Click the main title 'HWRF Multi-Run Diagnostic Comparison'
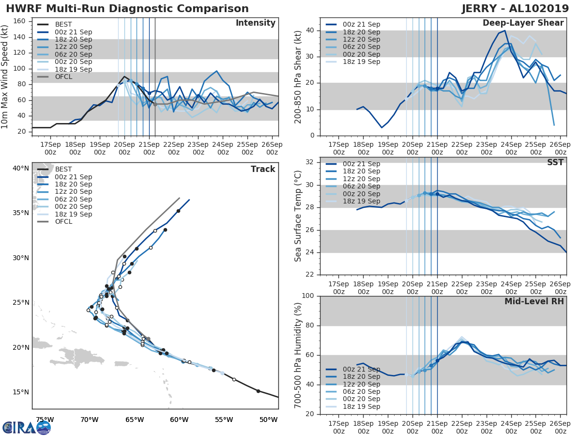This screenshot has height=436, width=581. pyautogui.click(x=127, y=9)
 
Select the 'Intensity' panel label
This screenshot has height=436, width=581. pyautogui.click(x=255, y=23)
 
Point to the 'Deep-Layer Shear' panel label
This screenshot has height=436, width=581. pyautogui.click(x=523, y=23)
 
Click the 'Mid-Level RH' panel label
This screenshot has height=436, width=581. pyautogui.click(x=534, y=301)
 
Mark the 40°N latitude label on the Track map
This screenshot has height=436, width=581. pyautogui.click(x=21, y=168)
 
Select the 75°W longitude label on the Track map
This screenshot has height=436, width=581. pyautogui.click(x=45, y=420)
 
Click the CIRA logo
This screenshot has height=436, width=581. pyautogui.click(x=26, y=428)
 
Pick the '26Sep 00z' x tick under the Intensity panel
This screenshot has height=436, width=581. pyautogui.click(x=272, y=148)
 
